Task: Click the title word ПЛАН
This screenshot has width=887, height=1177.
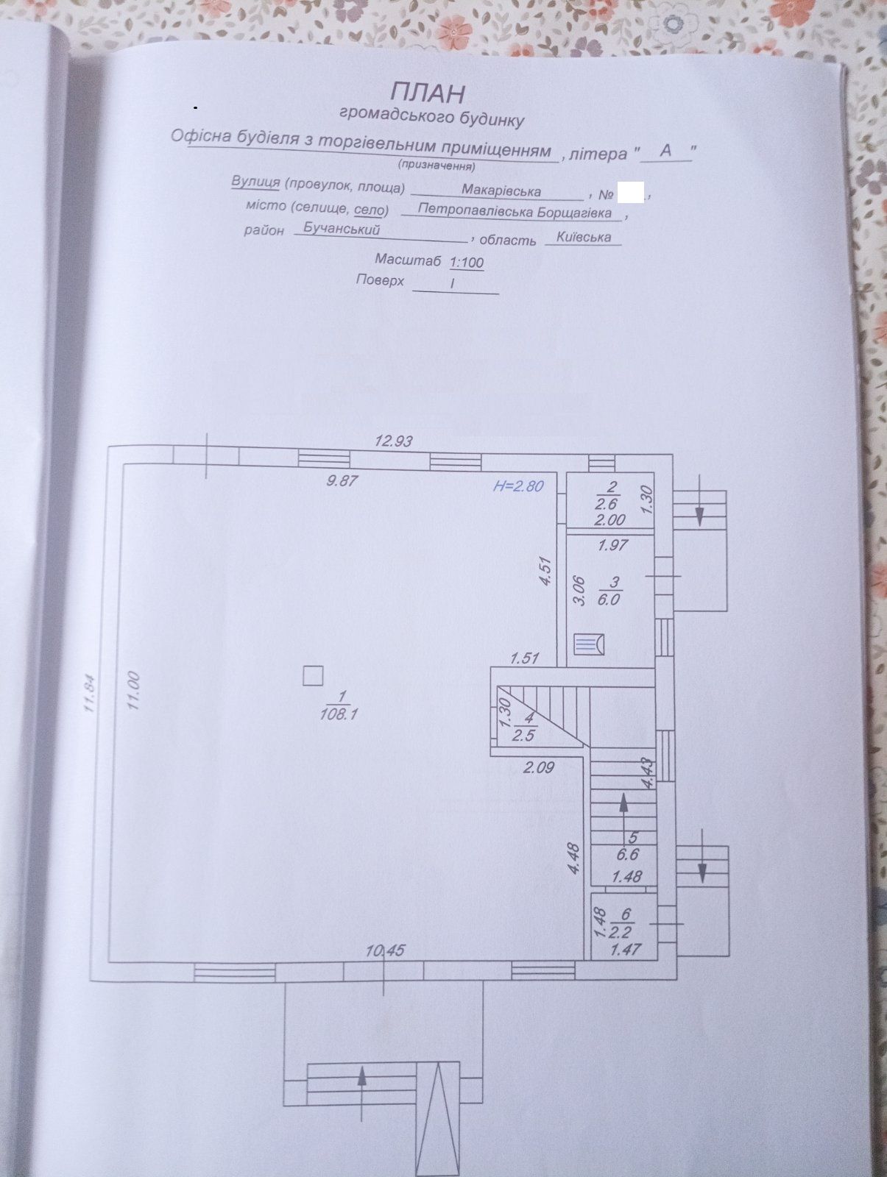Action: (427, 93)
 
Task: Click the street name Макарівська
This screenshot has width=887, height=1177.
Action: (501, 191)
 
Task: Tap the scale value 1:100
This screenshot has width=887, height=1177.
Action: (466, 262)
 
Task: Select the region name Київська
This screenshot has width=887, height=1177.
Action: (583, 236)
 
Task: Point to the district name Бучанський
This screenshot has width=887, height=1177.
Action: (342, 229)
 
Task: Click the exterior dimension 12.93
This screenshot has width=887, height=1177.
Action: (393, 441)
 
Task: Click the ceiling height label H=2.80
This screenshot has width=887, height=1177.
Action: (517, 486)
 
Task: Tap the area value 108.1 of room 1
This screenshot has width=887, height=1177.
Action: (338, 714)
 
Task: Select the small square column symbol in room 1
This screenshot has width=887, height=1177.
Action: (313, 675)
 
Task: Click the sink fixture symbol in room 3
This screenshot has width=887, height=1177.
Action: (589, 644)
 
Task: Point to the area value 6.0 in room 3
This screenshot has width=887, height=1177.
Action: (608, 599)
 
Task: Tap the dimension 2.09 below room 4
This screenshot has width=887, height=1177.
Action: (538, 768)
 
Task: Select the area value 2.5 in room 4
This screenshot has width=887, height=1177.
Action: (523, 735)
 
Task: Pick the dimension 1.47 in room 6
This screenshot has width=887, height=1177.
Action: (626, 950)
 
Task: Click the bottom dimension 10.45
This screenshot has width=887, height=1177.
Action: (385, 950)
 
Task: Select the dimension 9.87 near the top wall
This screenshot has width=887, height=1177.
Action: (342, 480)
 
